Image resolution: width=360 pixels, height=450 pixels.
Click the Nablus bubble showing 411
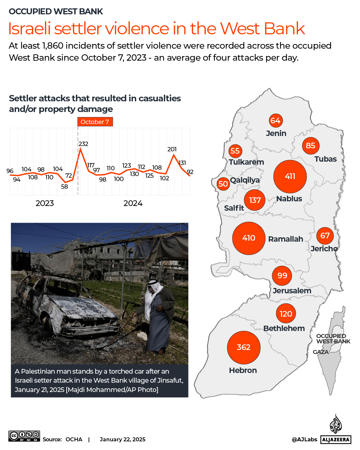[290, 176]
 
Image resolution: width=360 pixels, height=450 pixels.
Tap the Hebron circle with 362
[243, 347]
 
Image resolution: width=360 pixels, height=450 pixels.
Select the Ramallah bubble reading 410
[249, 238]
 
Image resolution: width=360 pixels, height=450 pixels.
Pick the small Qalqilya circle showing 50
[223, 184]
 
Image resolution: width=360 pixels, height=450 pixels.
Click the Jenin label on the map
[276, 133]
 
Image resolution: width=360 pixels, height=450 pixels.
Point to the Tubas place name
[325, 159]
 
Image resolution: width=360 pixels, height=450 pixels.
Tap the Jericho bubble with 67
[325, 236]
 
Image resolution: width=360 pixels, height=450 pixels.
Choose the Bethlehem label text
[284, 328]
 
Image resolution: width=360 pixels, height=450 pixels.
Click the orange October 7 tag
[95, 122]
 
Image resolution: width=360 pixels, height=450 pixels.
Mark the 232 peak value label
[83, 144]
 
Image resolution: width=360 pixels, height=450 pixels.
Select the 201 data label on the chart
[172, 149]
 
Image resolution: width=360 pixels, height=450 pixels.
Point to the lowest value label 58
[65, 187]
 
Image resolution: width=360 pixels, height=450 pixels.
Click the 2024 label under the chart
[133, 203]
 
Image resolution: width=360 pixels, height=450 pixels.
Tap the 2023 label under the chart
[45, 203]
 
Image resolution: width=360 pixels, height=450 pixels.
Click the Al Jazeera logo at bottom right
[336, 430]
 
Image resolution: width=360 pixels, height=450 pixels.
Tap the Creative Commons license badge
[24, 436]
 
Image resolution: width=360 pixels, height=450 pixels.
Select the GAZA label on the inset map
[321, 352]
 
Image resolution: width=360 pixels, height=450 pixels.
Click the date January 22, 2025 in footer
[123, 439]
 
